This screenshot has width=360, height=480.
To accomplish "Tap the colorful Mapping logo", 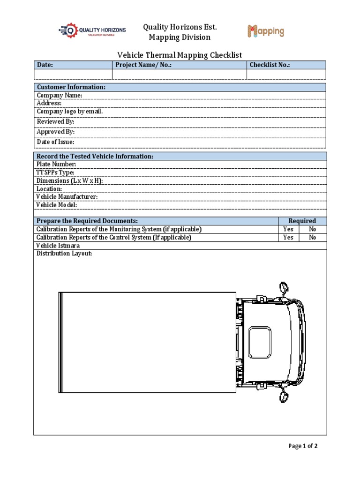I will coord(266,31).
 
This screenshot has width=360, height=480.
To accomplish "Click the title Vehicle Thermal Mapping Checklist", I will coord(180,55).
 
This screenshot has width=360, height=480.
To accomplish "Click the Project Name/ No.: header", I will coord(143,65).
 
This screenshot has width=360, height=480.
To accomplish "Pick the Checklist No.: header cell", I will coord(270,65).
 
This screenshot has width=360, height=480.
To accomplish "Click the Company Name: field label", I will coord(60,96).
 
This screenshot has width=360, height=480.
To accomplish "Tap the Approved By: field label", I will coord(56,132).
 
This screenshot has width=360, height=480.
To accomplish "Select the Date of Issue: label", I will coord(56,142).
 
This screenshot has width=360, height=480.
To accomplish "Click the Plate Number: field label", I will coord(56,165).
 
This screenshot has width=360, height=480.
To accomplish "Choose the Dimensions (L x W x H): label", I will coord(70,181).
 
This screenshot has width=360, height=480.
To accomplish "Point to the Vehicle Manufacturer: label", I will coord(67,197).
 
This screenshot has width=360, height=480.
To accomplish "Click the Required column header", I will coord(302,221).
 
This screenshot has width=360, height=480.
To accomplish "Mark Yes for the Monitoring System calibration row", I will coord(288,229).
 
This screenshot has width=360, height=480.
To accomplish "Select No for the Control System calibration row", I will coord(313,238).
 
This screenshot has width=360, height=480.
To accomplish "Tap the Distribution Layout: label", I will coord(64,254).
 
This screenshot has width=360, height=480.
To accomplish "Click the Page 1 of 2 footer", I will coord(303,446).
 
